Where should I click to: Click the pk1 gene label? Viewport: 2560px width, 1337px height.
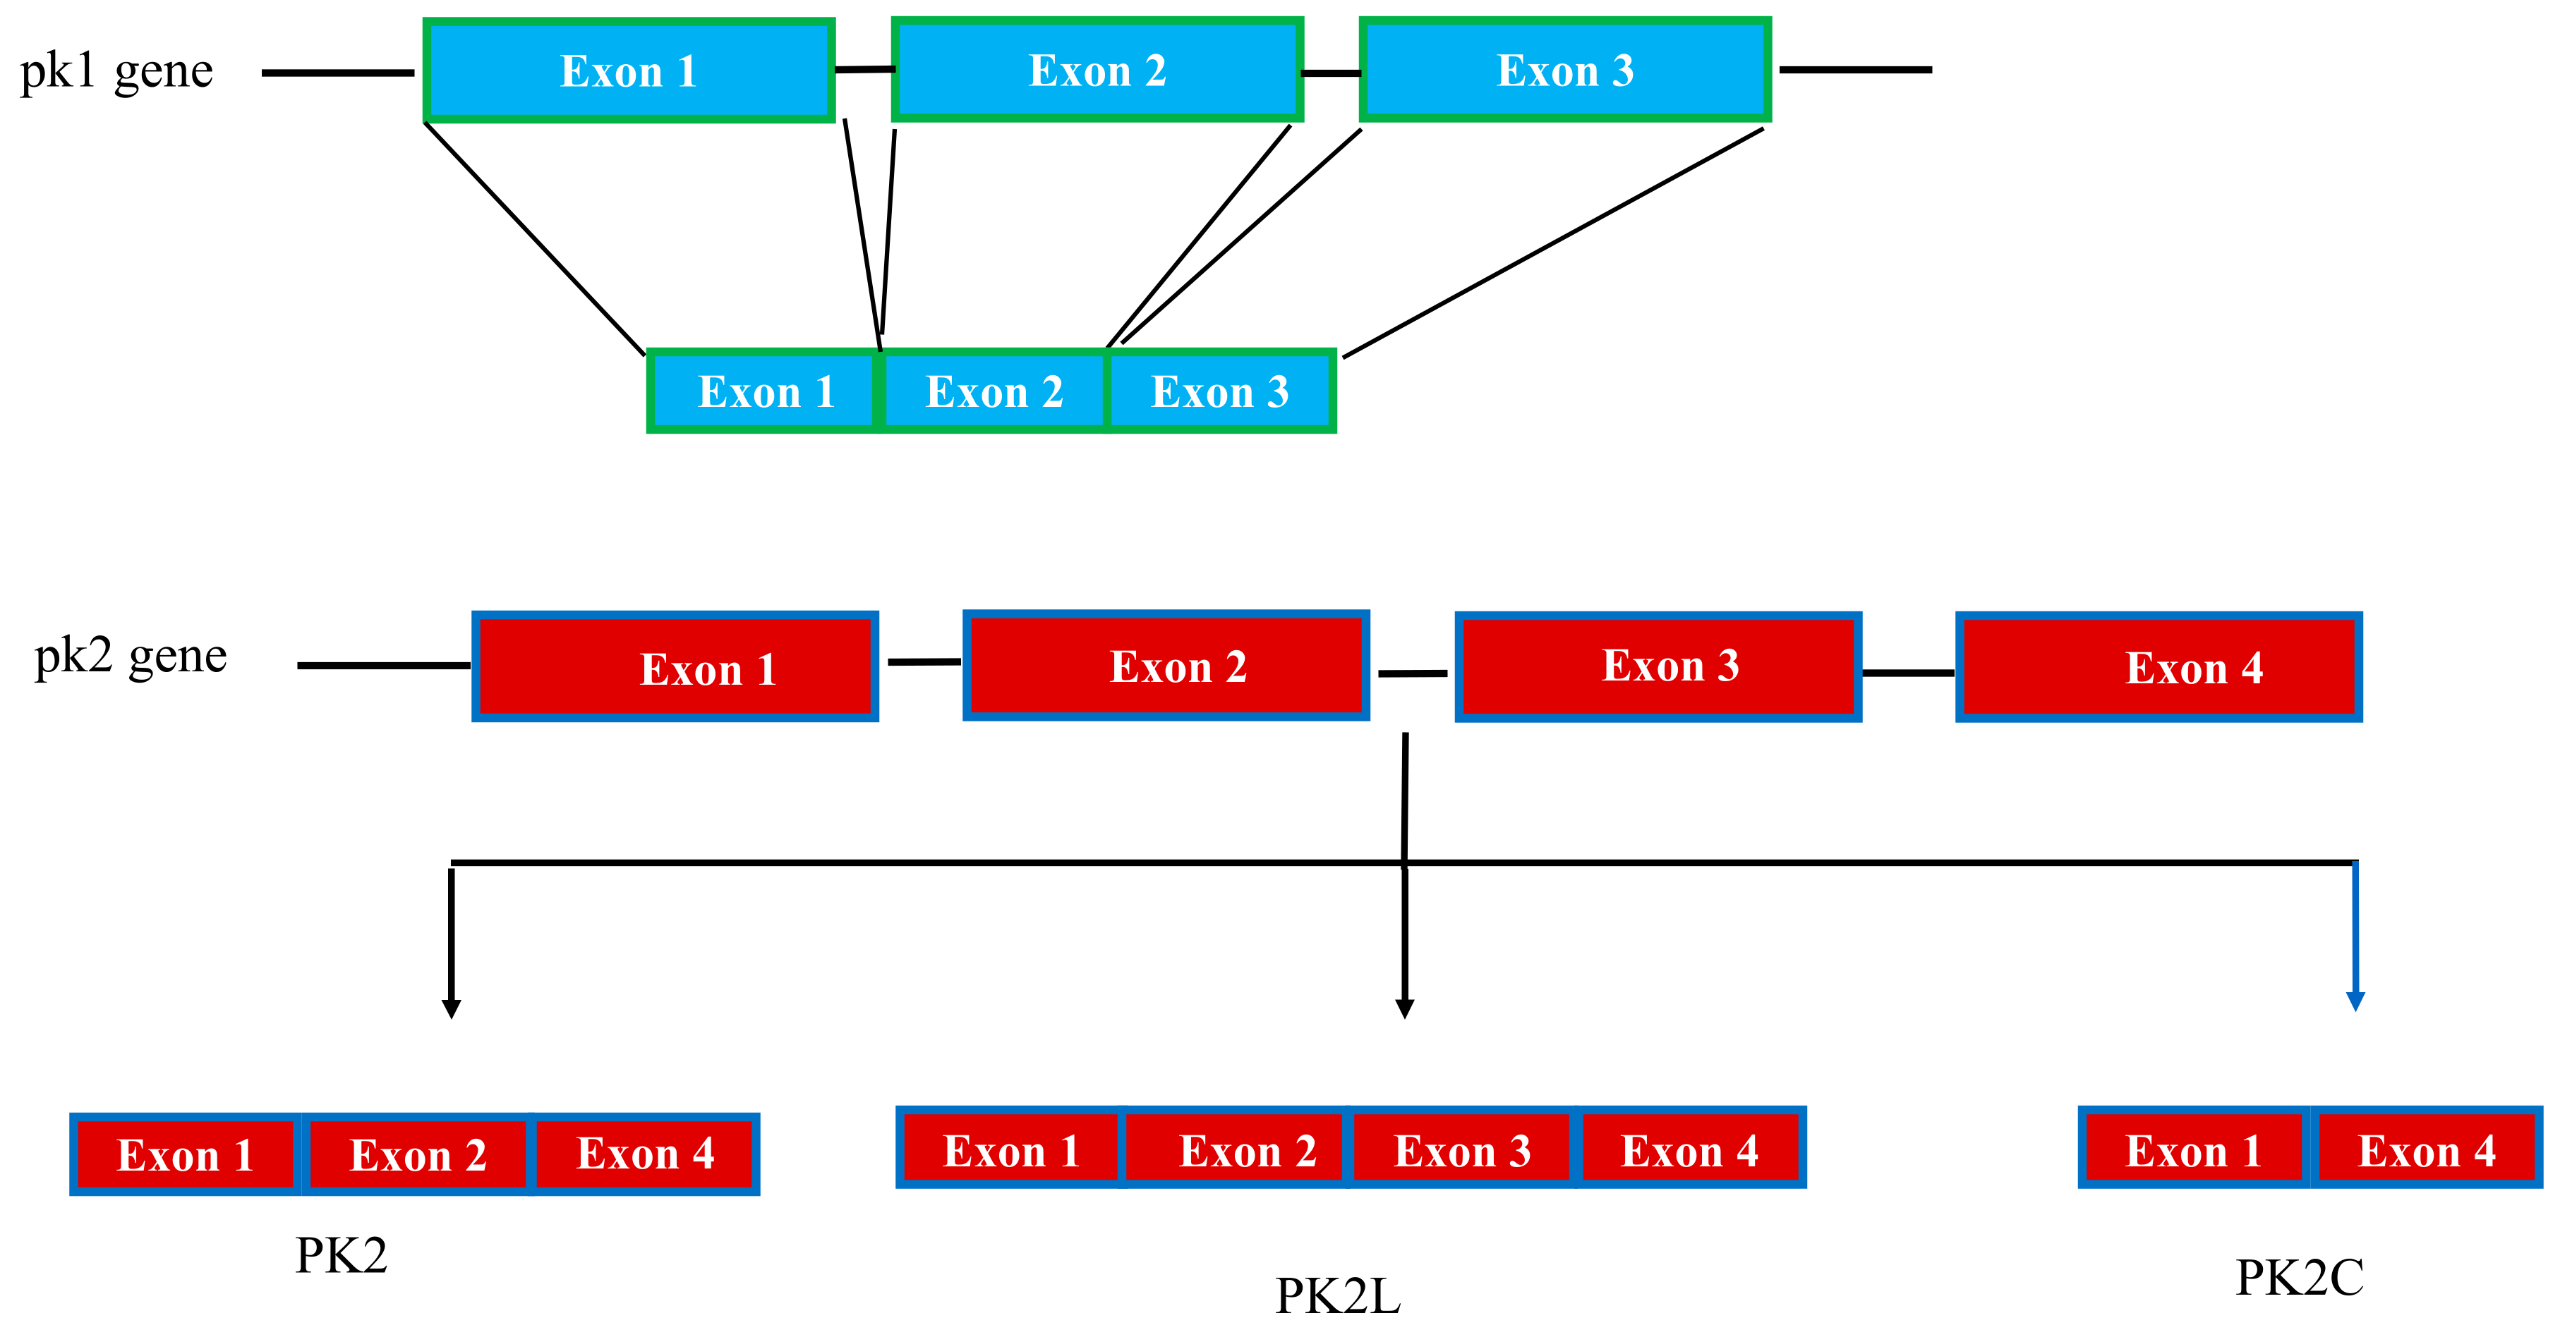tap(116, 71)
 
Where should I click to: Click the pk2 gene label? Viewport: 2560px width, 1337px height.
tap(130, 656)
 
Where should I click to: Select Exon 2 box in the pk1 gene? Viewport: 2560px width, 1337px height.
tap(1097, 71)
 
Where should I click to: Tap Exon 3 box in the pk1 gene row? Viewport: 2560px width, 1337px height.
tap(1565, 71)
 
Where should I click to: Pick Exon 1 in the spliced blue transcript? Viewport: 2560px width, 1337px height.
tap(763, 391)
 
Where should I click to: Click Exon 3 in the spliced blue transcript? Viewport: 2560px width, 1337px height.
tap(1220, 391)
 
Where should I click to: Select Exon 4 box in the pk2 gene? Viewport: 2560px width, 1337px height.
tap(2159, 666)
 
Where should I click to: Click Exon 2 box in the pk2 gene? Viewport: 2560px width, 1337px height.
tap(1166, 666)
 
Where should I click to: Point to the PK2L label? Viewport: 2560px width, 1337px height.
tap(1338, 1295)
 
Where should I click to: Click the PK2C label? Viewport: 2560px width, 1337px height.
tap(2299, 1277)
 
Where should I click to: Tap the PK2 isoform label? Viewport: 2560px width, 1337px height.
tap(341, 1255)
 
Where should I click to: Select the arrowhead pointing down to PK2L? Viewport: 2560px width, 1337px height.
tap(1404, 1008)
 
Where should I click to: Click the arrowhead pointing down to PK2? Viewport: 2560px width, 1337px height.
tap(451, 1008)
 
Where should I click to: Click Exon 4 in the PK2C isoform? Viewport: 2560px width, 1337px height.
tap(2426, 1150)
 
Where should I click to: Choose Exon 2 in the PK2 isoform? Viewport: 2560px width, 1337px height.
tap(418, 1154)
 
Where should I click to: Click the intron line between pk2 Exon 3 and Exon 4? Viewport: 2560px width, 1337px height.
tap(1907, 673)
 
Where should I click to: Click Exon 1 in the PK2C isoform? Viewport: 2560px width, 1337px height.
tap(2193, 1150)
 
